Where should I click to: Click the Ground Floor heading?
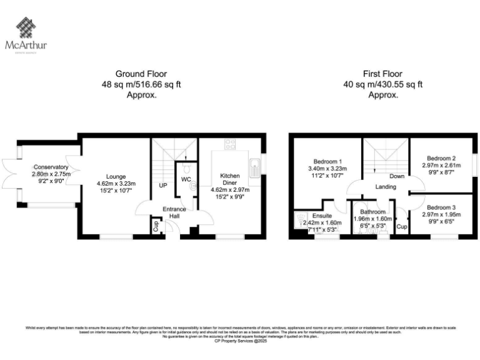tap(141, 73)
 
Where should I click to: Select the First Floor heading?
tap(382, 73)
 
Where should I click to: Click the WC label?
tap(186, 179)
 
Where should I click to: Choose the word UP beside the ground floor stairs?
tap(163, 186)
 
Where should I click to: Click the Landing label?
tap(387, 187)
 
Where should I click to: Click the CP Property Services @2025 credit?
tap(240, 342)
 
